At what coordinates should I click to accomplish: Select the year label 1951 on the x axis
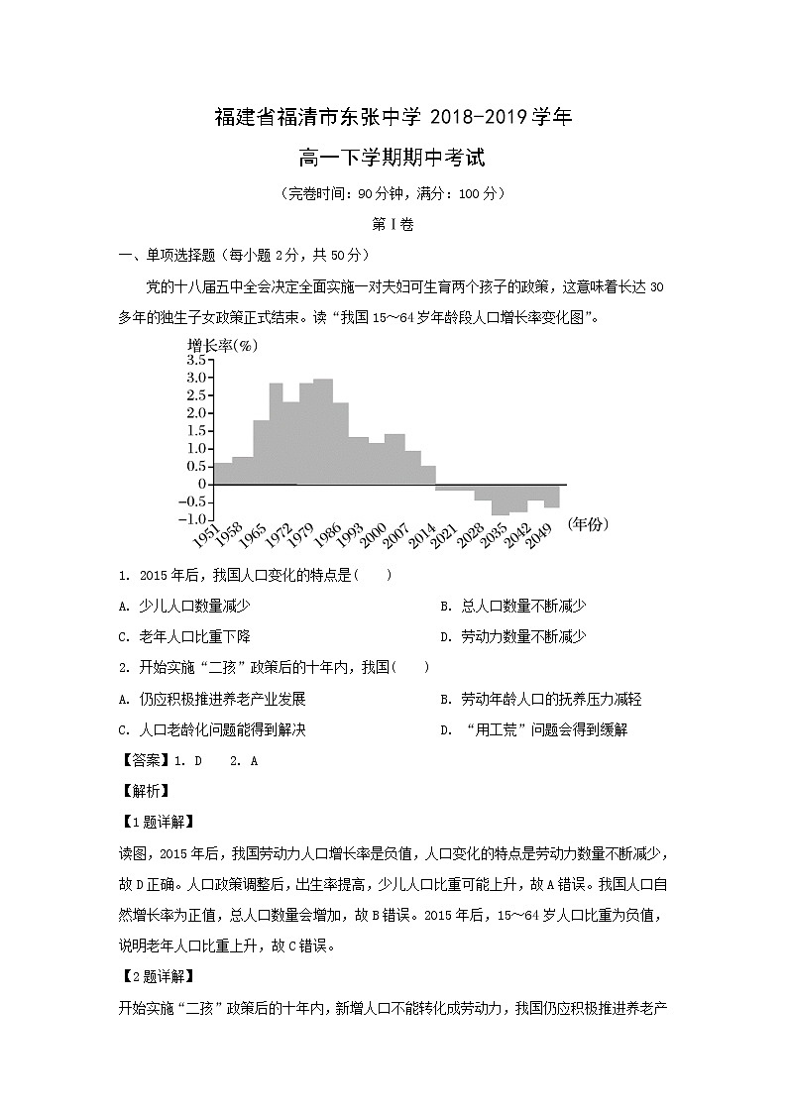coord(206,538)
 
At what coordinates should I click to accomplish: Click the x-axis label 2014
coord(424,538)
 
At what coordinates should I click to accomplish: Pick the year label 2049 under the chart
coord(540,538)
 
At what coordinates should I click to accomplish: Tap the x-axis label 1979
coord(301,538)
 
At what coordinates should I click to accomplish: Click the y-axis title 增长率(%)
coord(222,345)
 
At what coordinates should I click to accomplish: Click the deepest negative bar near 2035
coord(500,501)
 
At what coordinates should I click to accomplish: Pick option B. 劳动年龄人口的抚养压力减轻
coord(540,699)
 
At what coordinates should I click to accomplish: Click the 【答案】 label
coord(144,760)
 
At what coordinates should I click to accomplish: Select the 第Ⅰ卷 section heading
coord(393,224)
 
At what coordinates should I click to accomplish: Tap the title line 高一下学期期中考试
coord(393,157)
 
